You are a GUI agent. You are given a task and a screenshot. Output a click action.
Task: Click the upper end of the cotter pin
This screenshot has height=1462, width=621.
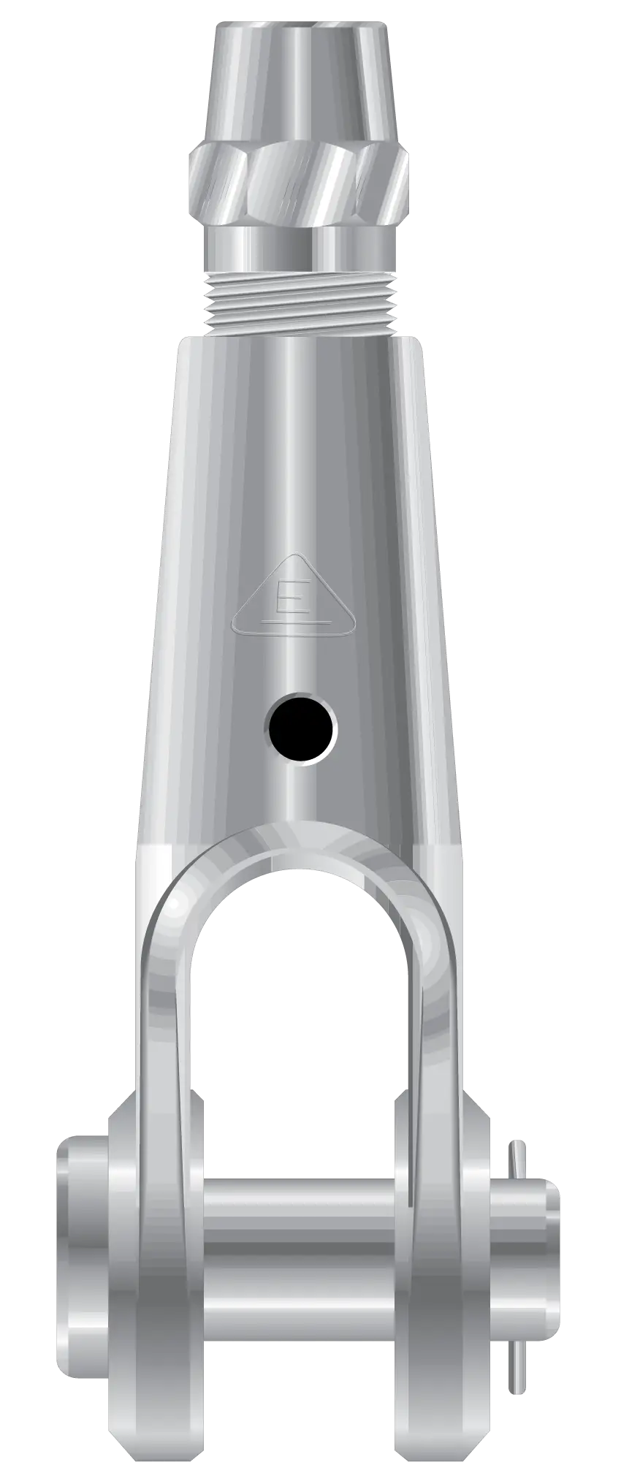(519, 1158)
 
